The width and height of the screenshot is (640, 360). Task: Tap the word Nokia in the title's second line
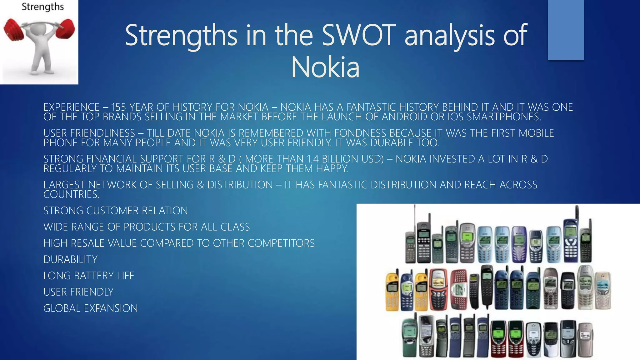click(325, 67)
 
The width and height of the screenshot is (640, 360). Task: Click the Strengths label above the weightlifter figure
click(42, 7)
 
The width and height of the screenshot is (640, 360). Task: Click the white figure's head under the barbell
click(40, 31)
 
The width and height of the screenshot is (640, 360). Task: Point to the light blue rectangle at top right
click(566, 30)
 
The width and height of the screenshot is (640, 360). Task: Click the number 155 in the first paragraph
click(119, 107)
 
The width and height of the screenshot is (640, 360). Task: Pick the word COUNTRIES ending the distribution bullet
click(71, 194)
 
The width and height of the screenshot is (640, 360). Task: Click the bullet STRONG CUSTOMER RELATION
click(116, 211)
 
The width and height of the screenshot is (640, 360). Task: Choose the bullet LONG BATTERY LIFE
click(89, 276)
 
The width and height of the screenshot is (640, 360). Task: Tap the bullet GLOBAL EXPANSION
click(91, 308)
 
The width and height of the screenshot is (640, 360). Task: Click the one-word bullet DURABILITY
click(71, 259)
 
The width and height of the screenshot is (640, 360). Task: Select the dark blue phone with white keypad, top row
click(570, 242)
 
